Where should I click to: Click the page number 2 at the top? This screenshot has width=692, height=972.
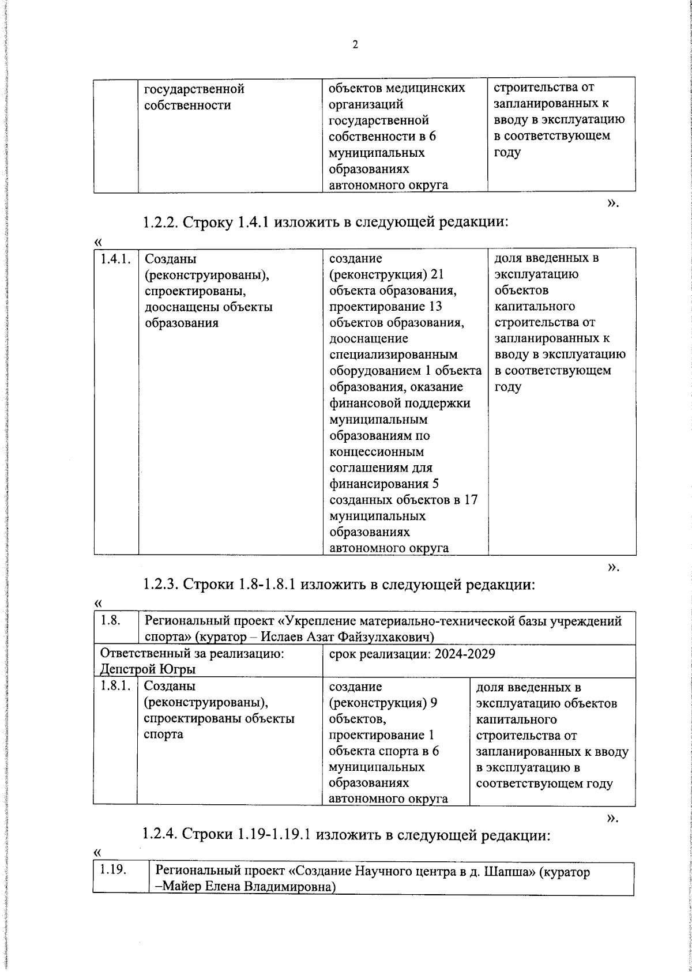coord(355,45)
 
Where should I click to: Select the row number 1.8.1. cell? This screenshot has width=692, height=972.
coord(115,687)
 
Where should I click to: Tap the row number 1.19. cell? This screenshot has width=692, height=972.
coord(113,871)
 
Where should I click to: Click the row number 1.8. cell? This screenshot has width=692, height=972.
coord(110,621)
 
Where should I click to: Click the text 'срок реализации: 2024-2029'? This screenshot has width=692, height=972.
coord(412,654)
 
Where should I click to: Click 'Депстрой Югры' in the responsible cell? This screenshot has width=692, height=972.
coord(148,669)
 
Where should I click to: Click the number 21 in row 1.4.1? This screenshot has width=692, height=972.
coord(437,274)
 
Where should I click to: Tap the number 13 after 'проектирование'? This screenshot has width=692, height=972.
coord(435,307)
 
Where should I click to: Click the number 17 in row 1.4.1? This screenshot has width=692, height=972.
coord(471,500)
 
